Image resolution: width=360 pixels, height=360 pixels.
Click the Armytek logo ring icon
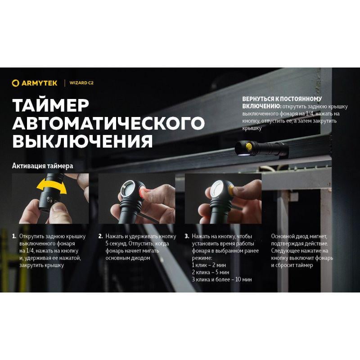[x=16, y=83]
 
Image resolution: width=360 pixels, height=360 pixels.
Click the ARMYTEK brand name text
[x=40, y=83]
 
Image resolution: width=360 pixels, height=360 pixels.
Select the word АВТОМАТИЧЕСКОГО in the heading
[x=108, y=123]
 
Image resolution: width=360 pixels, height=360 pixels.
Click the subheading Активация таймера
[x=43, y=166]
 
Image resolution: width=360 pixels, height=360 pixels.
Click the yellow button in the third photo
[x=227, y=189]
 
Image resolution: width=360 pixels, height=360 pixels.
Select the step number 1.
[x=14, y=236]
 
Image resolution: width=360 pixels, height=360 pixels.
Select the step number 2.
[x=101, y=236]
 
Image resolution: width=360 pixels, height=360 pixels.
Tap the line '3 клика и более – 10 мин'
[x=222, y=279]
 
